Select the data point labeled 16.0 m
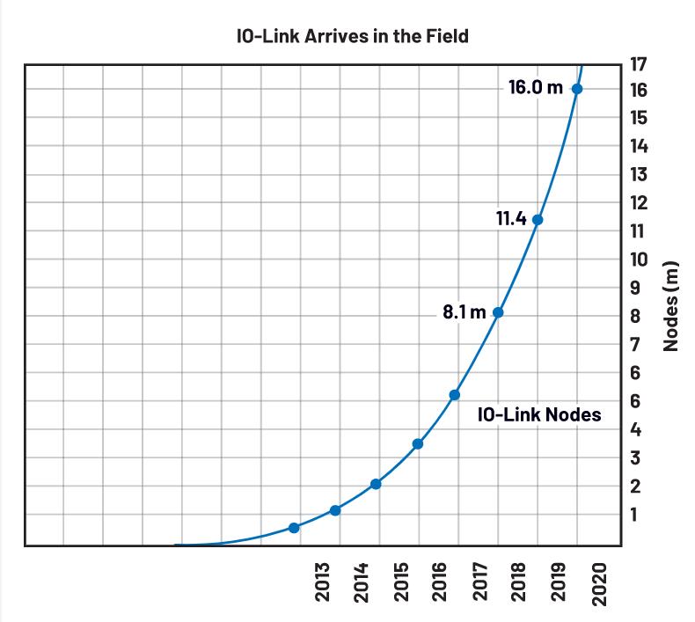[x=577, y=89]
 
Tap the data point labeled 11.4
[x=538, y=220]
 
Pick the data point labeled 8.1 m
[x=498, y=312]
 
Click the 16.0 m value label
[x=535, y=88]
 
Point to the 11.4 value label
[x=510, y=219]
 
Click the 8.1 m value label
[x=464, y=312]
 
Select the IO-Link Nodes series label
[x=539, y=414]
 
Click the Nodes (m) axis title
[x=672, y=306]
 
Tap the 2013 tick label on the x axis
[x=322, y=583]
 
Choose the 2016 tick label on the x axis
[x=441, y=583]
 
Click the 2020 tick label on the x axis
[x=600, y=583]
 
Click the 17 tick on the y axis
[x=639, y=63]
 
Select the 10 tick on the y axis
[x=639, y=260]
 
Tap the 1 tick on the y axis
[x=639, y=514]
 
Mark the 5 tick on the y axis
[x=639, y=401]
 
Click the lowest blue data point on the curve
[x=294, y=528]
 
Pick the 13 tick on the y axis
[x=639, y=174]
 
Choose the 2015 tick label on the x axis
[x=401, y=583]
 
